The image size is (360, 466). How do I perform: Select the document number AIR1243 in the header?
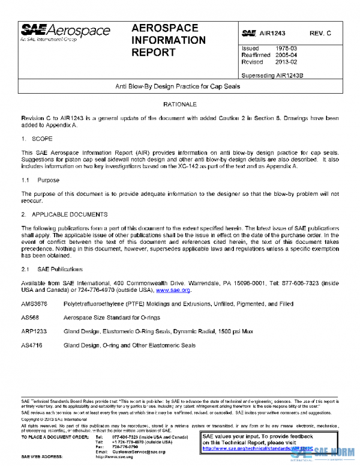(274, 33)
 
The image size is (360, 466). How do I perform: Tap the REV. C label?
(320, 33)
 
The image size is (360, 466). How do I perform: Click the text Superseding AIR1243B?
(272, 76)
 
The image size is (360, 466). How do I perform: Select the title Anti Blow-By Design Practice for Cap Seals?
(178, 86)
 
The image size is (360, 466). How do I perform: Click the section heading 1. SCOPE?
(41, 138)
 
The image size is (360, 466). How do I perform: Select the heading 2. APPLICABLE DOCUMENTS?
(64, 214)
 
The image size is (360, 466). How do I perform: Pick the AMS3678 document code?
(34, 304)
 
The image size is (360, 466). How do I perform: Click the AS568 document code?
(31, 318)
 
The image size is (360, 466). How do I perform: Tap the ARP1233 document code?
(34, 331)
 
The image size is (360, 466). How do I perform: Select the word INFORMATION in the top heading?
(168, 40)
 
